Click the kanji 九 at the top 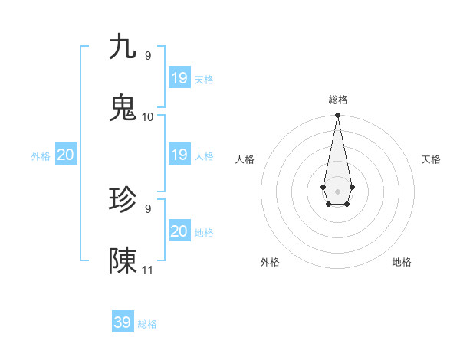tap(123, 47)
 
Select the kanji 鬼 tap(123, 108)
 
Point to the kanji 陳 tap(123, 261)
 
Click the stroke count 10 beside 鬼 tap(148, 116)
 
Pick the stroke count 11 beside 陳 tap(148, 270)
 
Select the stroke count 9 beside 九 tap(148, 55)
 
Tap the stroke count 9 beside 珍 tap(148, 208)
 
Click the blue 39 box tap(123, 322)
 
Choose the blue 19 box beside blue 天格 tap(179, 77)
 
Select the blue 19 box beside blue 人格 tap(179, 155)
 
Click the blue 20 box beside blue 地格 tap(179, 231)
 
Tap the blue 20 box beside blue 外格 tap(66, 155)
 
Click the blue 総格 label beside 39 tap(148, 324)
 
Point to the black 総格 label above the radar tap(338, 100)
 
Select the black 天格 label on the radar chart tap(432, 159)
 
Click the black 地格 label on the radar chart tap(402, 262)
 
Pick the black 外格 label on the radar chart tap(270, 262)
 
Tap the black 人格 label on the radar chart tap(245, 159)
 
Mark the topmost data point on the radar tap(337, 116)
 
